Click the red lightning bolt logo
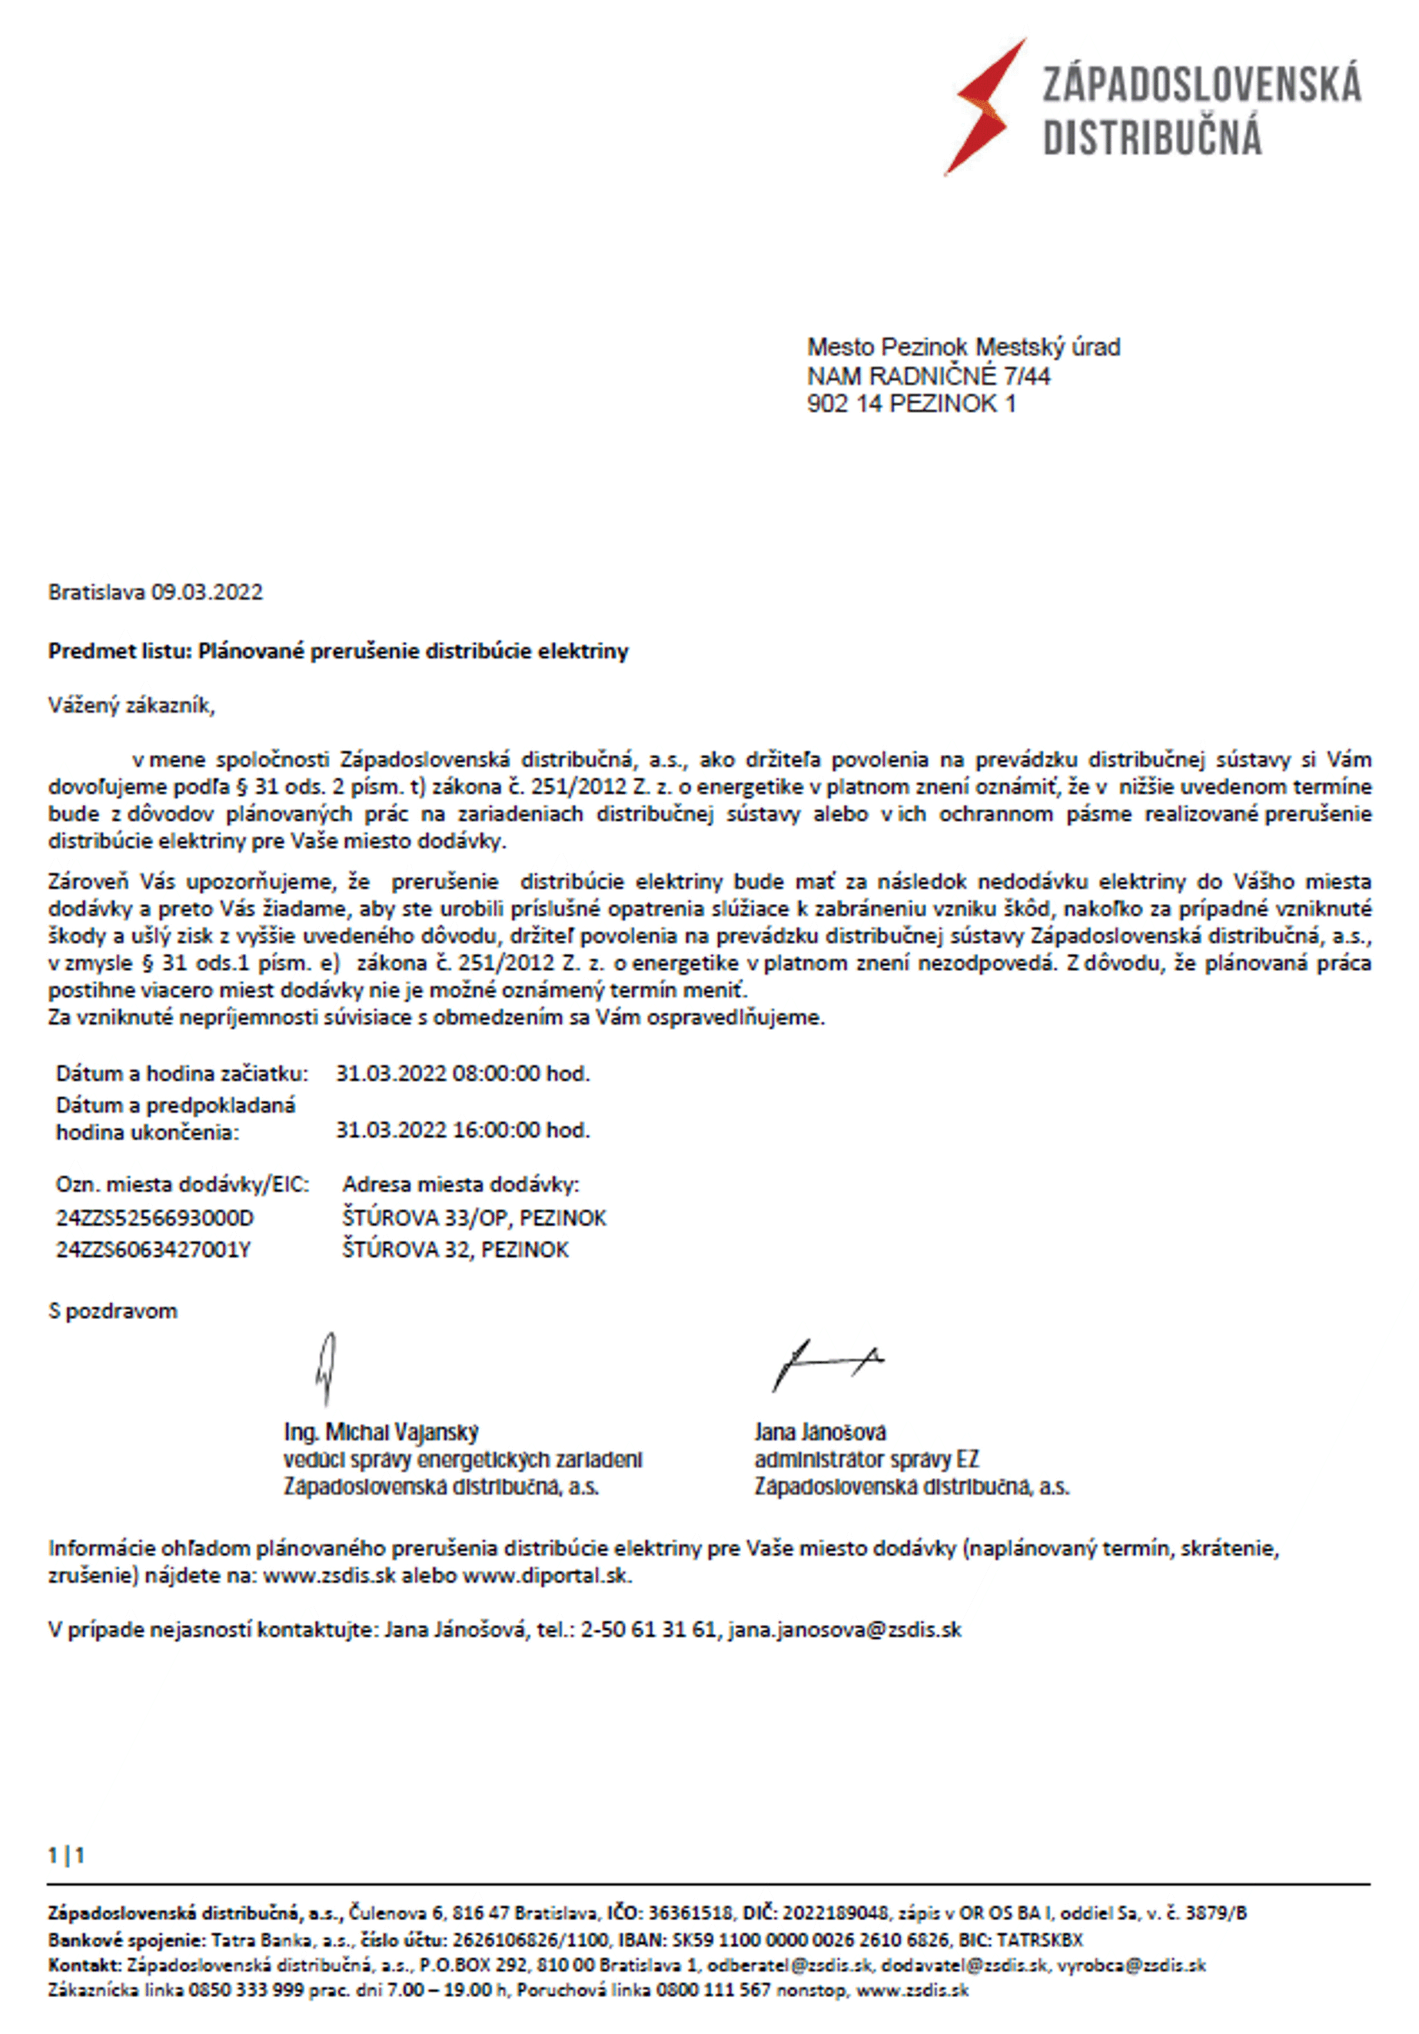pos(983,107)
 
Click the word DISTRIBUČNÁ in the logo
pos(1151,138)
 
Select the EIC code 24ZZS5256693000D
pos(155,1218)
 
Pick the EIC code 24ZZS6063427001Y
pos(153,1250)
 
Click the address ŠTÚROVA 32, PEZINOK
pos(455,1250)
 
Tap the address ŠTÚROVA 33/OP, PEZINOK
pos(474,1218)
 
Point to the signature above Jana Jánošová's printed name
pos(824,1364)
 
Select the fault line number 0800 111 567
pos(713,1991)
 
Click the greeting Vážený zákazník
pos(131,706)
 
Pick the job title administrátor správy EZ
pos(866,1459)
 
